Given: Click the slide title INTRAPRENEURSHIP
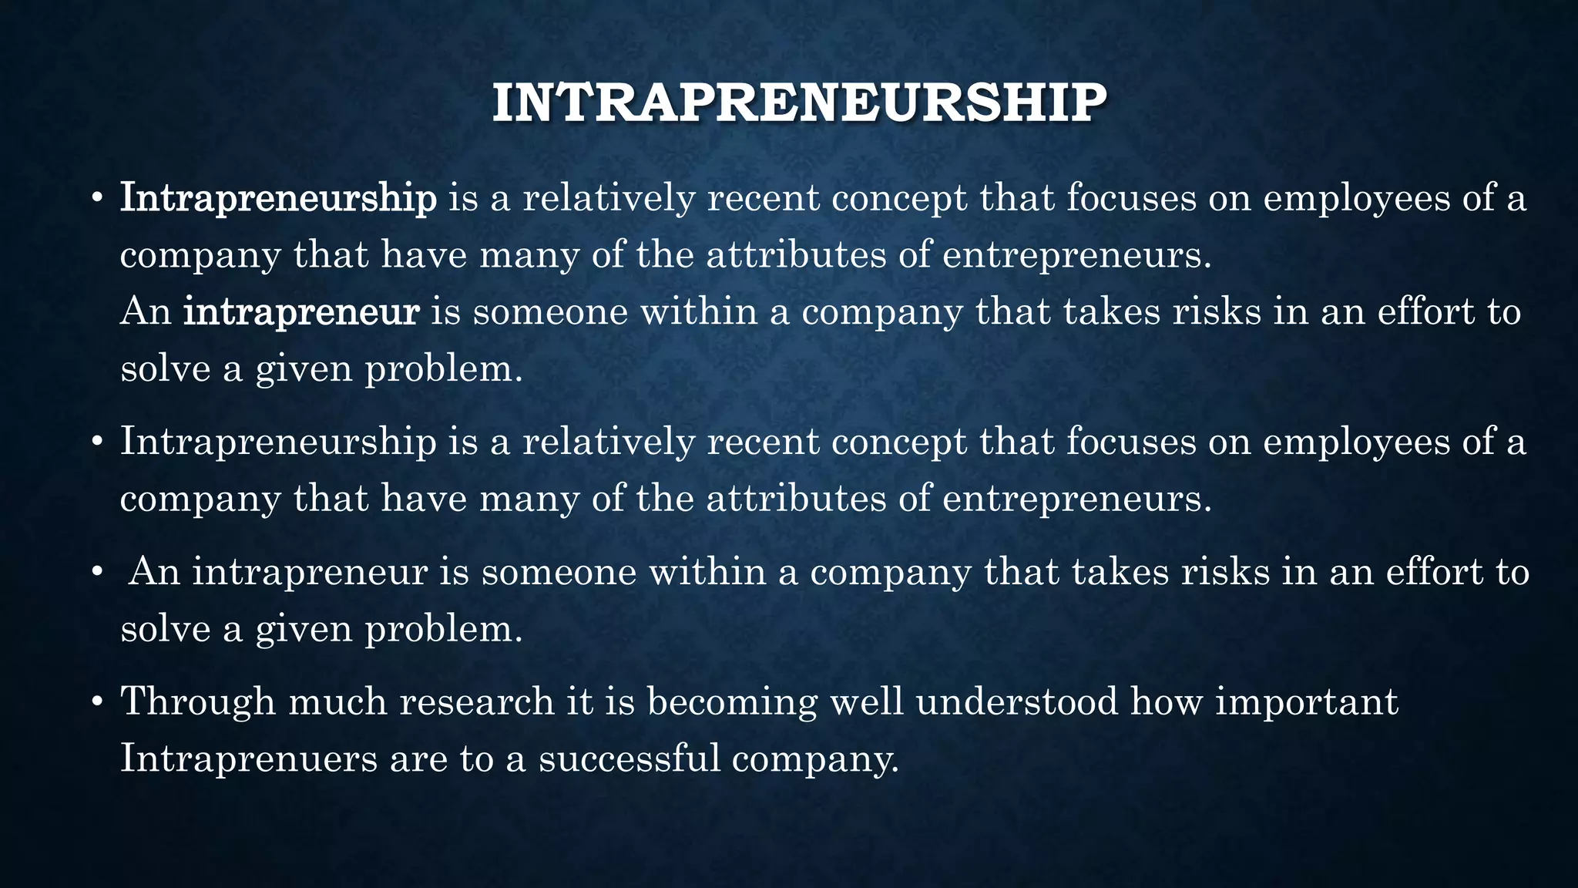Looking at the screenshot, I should pos(799,103).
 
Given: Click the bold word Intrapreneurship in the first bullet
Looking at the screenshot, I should pos(278,198).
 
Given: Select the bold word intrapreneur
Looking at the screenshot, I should pos(301,312).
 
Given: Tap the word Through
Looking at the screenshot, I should pos(198,701).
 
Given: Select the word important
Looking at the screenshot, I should pos(1307,701).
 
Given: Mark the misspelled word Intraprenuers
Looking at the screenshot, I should pos(249,758).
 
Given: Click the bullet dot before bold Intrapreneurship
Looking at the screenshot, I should pos(96,200).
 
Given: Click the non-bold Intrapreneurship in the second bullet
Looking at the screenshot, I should pos(278,442).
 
